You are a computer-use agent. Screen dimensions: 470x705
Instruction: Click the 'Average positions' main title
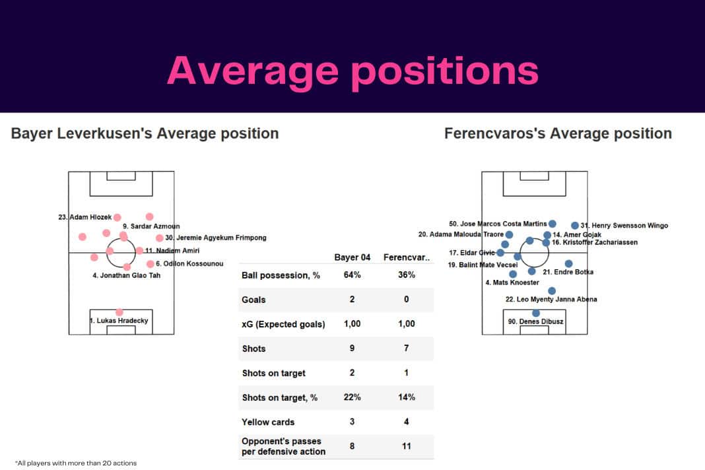click(x=352, y=70)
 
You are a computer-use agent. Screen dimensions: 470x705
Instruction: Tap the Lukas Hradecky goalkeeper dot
click(x=119, y=312)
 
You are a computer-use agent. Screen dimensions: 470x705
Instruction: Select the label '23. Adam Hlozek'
click(x=85, y=217)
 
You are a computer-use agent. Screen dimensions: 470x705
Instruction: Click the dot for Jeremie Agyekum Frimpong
click(x=159, y=238)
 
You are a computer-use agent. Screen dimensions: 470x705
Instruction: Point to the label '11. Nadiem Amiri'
click(x=172, y=251)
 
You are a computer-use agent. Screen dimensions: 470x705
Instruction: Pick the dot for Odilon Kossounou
click(x=150, y=264)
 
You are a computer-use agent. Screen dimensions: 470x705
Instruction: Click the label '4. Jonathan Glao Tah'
click(x=126, y=275)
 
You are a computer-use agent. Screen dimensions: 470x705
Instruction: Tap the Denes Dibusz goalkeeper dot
click(x=536, y=313)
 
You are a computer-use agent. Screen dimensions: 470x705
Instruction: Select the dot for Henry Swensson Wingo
click(x=575, y=225)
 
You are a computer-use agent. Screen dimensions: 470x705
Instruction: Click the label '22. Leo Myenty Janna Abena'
click(x=551, y=299)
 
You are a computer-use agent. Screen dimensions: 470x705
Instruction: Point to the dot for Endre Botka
click(x=569, y=263)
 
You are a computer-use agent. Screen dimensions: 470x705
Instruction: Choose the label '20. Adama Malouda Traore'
click(x=461, y=234)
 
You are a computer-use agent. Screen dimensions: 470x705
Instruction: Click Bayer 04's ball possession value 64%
click(x=352, y=275)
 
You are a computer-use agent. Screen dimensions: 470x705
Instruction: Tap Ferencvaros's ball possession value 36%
click(x=406, y=275)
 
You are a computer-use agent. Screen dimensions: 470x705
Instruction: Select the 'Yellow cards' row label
click(x=269, y=422)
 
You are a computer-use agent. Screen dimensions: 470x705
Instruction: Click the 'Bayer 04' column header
click(x=352, y=257)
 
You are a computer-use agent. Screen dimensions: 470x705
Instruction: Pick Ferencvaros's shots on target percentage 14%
click(x=406, y=397)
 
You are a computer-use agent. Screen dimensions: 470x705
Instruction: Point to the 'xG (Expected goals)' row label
click(x=283, y=324)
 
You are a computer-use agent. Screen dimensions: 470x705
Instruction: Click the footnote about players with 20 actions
click(x=75, y=463)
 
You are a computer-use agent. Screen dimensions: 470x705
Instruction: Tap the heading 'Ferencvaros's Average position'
click(x=558, y=133)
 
